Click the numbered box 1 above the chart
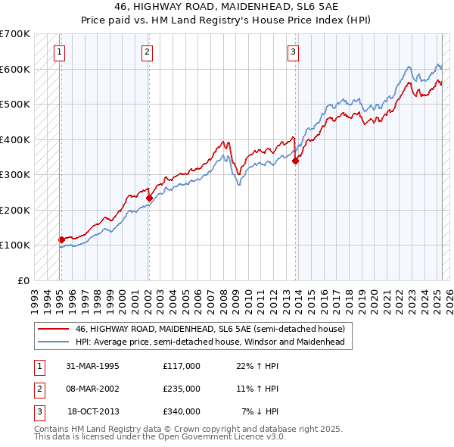coord(59,52)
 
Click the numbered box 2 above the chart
coord(147,52)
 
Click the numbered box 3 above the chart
coord(293,52)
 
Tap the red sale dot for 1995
coord(61,239)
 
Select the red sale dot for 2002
coord(149,198)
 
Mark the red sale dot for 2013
coord(296,161)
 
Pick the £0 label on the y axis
coord(23,280)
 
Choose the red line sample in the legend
coord(53,329)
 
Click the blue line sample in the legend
coord(53,342)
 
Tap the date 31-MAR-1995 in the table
coord(93,366)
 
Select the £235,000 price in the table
coord(182,389)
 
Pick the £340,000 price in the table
coord(182,411)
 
